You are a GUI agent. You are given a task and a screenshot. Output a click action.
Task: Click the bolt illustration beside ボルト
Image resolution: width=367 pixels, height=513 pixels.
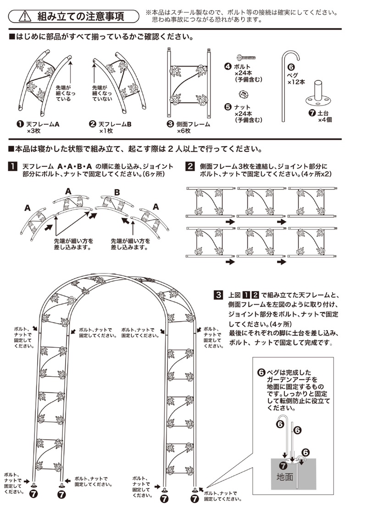coord(246,56)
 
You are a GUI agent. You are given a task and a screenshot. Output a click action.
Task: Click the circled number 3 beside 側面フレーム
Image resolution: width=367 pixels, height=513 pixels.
coord(170,124)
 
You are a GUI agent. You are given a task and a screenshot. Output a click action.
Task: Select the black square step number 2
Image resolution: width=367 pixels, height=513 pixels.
coord(190,166)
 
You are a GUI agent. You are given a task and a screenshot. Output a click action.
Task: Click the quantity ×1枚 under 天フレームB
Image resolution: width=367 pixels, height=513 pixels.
coord(106,131)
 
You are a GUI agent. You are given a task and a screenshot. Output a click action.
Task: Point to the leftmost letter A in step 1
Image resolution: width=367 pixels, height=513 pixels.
coord(28,208)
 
